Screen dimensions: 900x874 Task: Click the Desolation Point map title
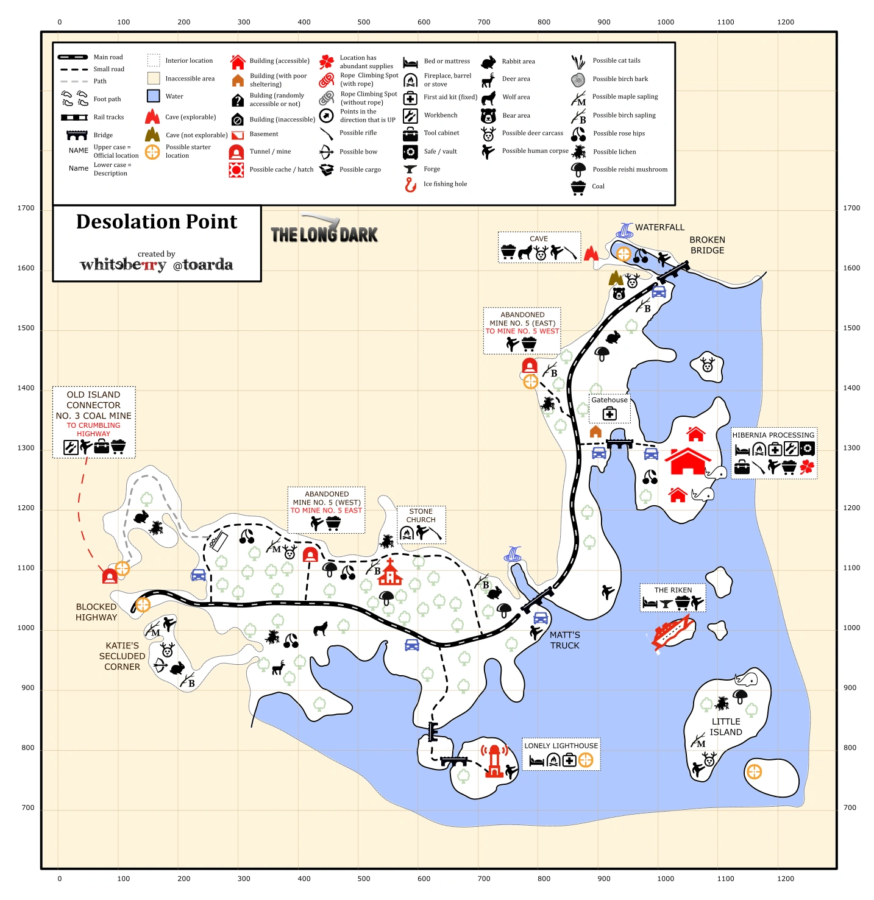[x=157, y=222]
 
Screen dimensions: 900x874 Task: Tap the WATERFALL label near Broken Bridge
[x=659, y=227]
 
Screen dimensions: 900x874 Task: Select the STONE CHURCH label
[x=421, y=516]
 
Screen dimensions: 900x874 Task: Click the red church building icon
[x=389, y=573]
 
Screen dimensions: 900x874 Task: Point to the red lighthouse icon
[x=494, y=761]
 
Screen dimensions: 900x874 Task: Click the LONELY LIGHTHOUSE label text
[x=561, y=746]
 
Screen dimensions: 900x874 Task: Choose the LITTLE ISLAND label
[x=726, y=727]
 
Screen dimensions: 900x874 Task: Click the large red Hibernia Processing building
[x=687, y=461]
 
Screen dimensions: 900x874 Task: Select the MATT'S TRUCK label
[x=565, y=640]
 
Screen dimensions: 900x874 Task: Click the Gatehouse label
[x=609, y=400]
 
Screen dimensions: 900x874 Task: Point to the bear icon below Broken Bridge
[x=619, y=293]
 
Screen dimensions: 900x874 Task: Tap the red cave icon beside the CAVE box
[x=591, y=253]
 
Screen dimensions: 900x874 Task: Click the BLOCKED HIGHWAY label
[x=96, y=612]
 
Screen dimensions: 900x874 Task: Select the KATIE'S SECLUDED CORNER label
[x=122, y=656]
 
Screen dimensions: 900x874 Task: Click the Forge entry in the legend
[x=432, y=169]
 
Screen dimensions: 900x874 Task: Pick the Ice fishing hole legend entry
[x=445, y=184]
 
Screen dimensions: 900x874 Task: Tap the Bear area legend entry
[x=516, y=115]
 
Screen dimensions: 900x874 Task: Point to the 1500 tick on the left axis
[x=26, y=328]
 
